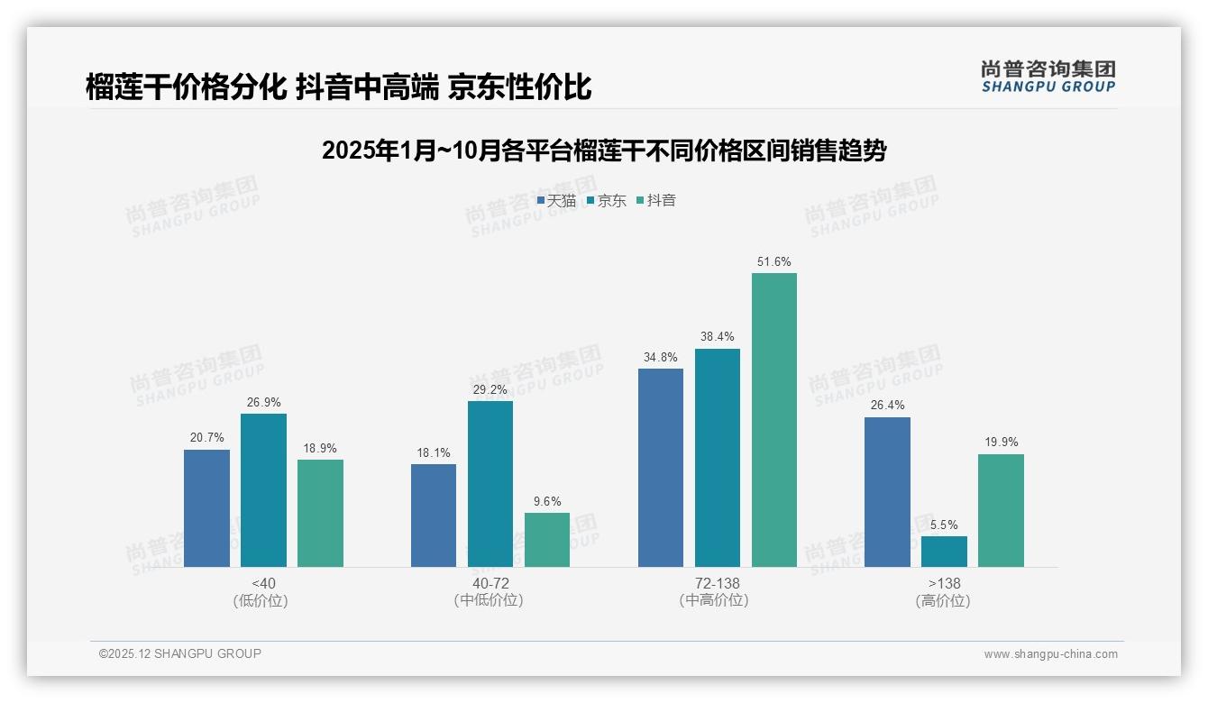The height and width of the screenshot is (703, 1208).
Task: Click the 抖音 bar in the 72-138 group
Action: click(x=774, y=420)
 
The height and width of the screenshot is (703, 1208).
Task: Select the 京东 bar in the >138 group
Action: click(x=944, y=552)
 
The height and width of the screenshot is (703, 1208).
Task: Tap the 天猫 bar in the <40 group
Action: click(x=206, y=508)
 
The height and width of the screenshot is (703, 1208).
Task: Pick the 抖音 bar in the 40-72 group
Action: click(x=547, y=540)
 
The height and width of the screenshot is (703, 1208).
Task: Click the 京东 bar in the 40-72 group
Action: click(x=490, y=484)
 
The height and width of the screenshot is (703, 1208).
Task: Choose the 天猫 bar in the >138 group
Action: click(x=887, y=492)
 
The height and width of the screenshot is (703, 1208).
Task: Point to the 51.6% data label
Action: click(x=774, y=262)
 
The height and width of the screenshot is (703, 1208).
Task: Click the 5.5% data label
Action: click(x=944, y=525)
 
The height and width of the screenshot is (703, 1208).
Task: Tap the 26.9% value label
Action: click(x=263, y=403)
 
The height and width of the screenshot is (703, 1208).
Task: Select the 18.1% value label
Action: click(x=434, y=453)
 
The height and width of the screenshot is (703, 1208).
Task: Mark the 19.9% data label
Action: click(x=1001, y=443)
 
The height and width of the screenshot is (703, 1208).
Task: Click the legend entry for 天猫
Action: click(x=556, y=201)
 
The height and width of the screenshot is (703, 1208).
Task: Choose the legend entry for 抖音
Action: click(x=656, y=201)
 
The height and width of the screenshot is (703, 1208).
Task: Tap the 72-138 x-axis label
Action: click(x=717, y=584)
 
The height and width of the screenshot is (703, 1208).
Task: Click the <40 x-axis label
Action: click(x=263, y=584)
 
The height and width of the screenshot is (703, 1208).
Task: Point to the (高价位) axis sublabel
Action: click(x=944, y=601)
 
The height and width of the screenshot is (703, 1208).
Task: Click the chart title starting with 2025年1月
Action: click(x=604, y=151)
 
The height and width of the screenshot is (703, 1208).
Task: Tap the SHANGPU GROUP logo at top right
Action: click(x=1048, y=77)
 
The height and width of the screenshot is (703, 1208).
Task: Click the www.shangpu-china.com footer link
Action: click(x=1050, y=654)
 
